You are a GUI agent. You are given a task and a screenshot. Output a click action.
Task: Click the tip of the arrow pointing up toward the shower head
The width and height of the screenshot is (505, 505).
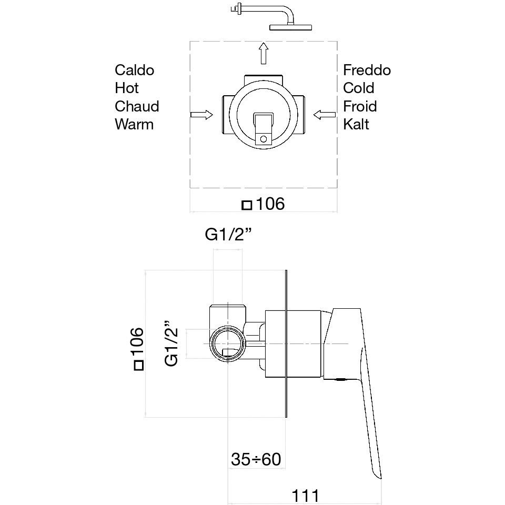[264, 43]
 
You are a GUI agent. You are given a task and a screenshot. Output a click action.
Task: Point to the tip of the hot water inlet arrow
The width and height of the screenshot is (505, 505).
[213, 115]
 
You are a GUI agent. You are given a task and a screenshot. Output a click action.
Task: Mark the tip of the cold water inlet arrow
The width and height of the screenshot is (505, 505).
[314, 115]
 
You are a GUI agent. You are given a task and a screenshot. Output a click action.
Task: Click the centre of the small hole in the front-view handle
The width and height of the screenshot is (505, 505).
[264, 139]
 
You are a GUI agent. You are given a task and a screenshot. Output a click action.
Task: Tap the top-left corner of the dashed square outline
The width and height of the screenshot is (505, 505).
[190, 42]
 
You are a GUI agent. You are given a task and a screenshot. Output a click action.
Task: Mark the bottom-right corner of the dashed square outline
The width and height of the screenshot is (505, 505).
[337, 188]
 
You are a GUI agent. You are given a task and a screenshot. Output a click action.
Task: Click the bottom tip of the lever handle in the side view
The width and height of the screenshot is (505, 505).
[381, 479]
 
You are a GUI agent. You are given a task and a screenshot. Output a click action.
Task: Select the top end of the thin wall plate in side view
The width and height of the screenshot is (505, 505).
[286, 270]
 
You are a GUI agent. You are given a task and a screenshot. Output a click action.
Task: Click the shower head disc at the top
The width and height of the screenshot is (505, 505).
[290, 27]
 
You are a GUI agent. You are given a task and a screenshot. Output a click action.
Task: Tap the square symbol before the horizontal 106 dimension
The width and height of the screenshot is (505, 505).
[247, 205]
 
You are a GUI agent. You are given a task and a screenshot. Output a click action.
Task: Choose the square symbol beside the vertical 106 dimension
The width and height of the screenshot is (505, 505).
[139, 366]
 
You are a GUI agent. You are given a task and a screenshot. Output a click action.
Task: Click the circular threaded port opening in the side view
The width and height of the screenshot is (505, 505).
[228, 344]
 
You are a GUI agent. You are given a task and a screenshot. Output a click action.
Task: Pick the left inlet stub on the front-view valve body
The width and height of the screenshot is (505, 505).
[226, 115]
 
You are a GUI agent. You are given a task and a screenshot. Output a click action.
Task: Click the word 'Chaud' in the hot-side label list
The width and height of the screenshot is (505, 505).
[137, 106]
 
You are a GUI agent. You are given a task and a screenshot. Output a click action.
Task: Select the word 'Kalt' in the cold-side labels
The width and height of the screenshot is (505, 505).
[356, 124]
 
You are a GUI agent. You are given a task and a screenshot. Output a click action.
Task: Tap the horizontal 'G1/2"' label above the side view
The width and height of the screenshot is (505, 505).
[228, 235]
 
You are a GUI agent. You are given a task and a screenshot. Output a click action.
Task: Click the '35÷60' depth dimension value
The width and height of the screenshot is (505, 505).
[256, 459]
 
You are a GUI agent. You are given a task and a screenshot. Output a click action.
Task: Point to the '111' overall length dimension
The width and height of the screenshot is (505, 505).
[305, 496]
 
